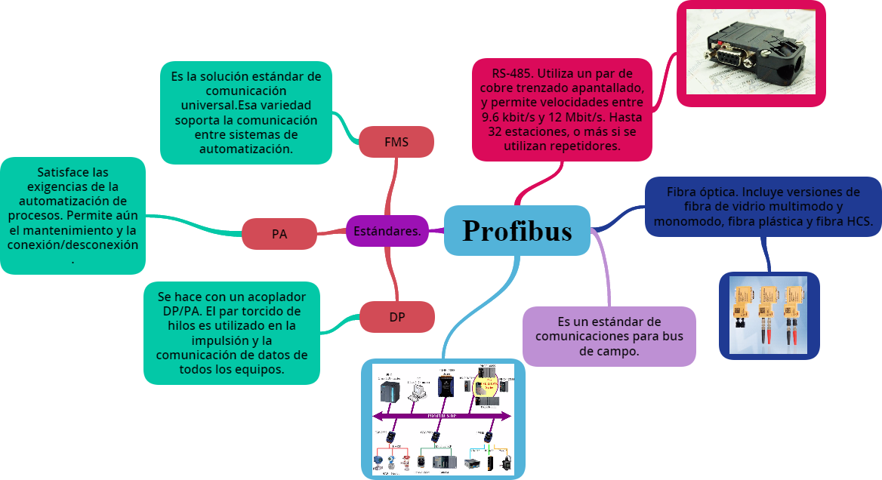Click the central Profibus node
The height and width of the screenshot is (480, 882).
pyautogui.click(x=517, y=230)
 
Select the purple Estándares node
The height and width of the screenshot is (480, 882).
pyautogui.click(x=387, y=231)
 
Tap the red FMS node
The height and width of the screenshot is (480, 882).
pyautogui.click(x=396, y=142)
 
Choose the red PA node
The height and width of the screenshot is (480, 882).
pyautogui.click(x=279, y=234)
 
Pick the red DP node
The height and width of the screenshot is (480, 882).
pyautogui.click(x=397, y=317)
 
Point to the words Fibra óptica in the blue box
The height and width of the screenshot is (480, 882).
pyautogui.click(x=695, y=192)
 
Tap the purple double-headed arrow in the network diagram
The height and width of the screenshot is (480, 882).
pyautogui.click(x=442, y=416)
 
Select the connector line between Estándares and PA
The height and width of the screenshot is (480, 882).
pyautogui.click(x=331, y=232)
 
